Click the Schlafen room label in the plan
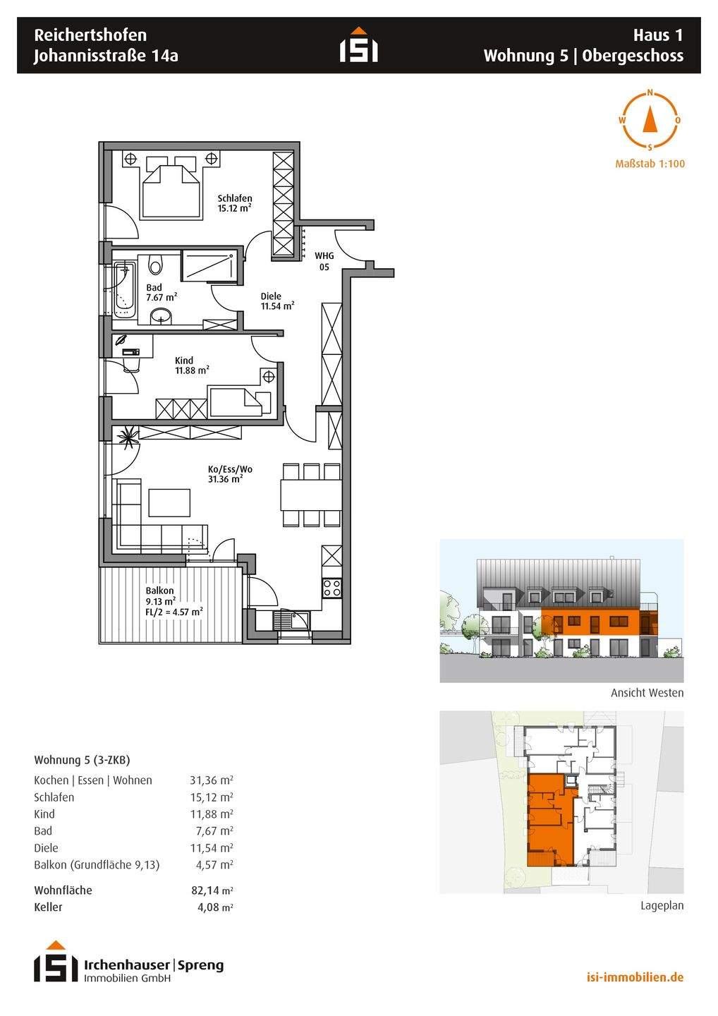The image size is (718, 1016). pos(235,198)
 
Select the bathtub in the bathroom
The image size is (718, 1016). pos(123,289)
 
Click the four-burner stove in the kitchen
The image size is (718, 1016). pos(331,588)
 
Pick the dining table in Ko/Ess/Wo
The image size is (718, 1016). pos(311,495)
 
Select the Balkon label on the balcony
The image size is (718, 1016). pos(159,591)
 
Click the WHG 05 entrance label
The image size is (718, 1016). pos(324,261)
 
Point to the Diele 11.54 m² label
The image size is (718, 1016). pos(277,301)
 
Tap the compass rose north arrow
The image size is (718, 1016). pos(650,119)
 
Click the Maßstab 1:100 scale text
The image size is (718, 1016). pos(650,164)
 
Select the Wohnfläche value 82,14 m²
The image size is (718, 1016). pos(212,890)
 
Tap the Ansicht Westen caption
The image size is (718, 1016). pos(647,693)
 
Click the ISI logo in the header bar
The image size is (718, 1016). pos(358,44)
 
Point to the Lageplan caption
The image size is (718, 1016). pos(662,905)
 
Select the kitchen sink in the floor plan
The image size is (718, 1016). pos(291,620)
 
